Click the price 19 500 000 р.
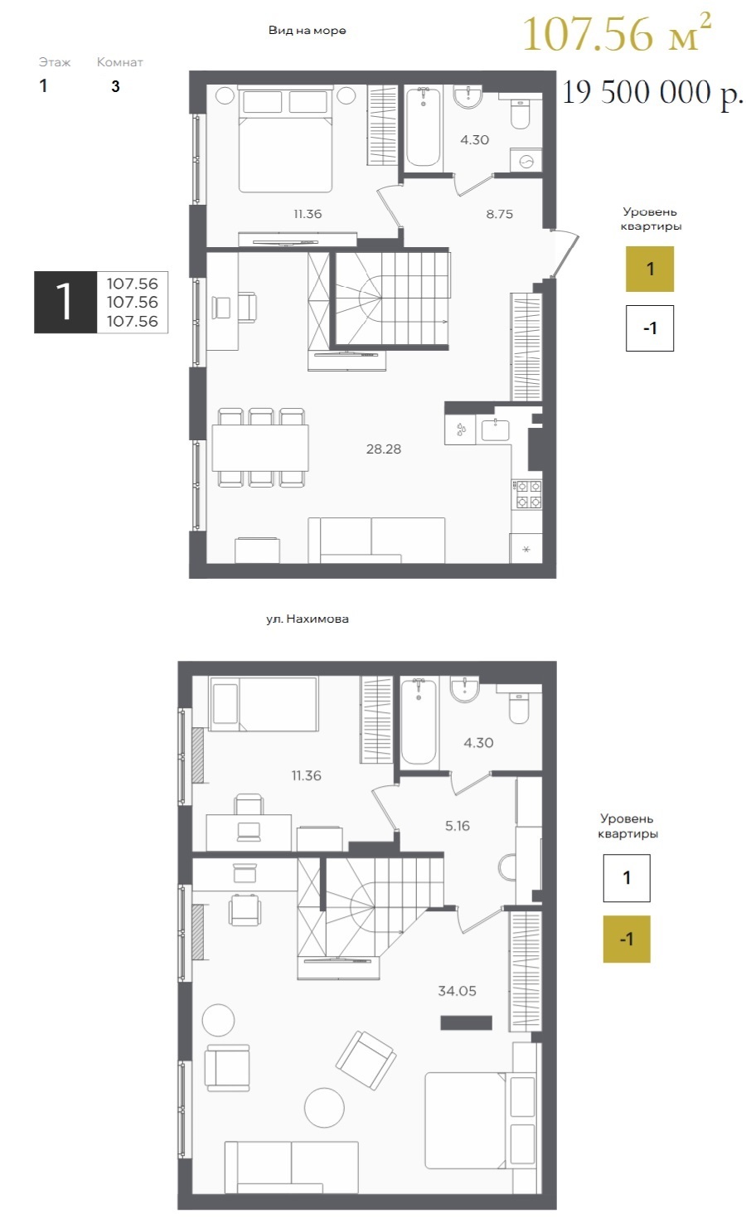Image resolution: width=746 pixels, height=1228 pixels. pyautogui.click(x=653, y=93)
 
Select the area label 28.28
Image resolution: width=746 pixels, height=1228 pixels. pyautogui.click(x=384, y=449)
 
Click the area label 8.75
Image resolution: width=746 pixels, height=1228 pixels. pyautogui.click(x=499, y=214)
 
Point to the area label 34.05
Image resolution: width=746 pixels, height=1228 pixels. pyautogui.click(x=457, y=991)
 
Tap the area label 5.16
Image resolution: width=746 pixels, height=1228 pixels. pyautogui.click(x=458, y=826)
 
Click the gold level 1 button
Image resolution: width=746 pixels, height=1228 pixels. pyautogui.click(x=650, y=269)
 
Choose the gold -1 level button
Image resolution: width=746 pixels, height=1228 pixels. pyautogui.click(x=627, y=939)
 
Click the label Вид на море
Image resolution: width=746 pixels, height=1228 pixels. pyautogui.click(x=307, y=30)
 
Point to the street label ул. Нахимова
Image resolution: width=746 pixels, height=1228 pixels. pyautogui.click(x=307, y=619)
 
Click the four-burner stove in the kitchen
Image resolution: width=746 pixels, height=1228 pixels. pyautogui.click(x=526, y=494)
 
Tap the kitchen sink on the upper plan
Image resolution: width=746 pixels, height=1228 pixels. pyautogui.click(x=495, y=430)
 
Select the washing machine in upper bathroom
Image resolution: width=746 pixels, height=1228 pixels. pyautogui.click(x=526, y=162)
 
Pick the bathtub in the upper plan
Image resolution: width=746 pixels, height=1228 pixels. pyautogui.click(x=423, y=127)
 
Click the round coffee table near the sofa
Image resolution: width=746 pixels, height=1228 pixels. pyautogui.click(x=324, y=1108)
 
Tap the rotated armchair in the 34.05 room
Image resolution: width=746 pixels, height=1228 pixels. pyautogui.click(x=366, y=1059)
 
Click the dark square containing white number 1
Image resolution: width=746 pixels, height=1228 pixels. pyautogui.click(x=65, y=302)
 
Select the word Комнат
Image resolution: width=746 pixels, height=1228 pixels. pyautogui.click(x=119, y=62)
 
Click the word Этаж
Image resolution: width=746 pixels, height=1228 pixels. pyautogui.click(x=54, y=62)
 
